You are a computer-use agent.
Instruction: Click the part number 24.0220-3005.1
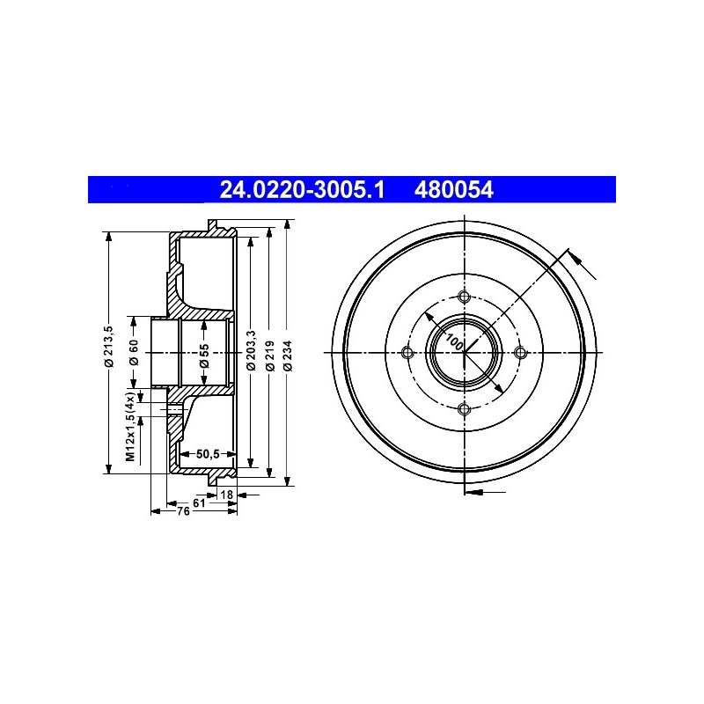302,190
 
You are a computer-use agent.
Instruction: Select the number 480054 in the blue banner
454,190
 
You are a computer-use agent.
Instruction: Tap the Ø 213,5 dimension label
109,348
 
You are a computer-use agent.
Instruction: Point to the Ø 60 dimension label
134,353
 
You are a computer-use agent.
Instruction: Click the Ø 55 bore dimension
204,356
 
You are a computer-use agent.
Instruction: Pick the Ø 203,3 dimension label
251,350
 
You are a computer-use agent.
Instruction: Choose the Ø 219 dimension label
270,356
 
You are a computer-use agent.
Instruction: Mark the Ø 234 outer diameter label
288,356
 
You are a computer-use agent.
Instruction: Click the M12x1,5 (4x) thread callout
130,427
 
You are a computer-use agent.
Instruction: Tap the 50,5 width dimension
208,454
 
